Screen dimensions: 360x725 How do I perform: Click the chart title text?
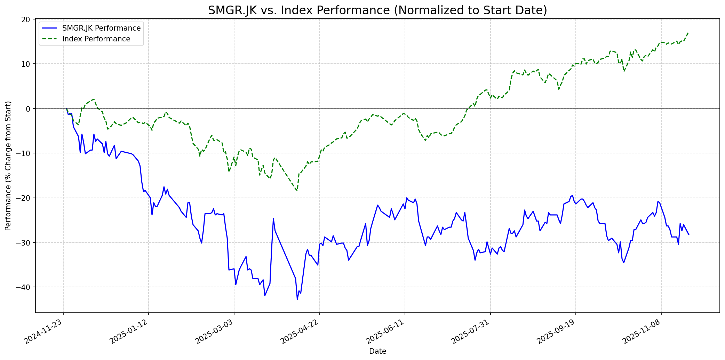(377, 10)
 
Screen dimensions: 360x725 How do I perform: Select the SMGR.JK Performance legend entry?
(101, 28)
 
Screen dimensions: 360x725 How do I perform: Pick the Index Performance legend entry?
(96, 39)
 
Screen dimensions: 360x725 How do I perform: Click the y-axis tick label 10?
(26, 64)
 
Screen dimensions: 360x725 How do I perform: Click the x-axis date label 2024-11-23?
(44, 332)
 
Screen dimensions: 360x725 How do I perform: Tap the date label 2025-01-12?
(129, 332)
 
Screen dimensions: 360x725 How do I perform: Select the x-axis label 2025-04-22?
(300, 332)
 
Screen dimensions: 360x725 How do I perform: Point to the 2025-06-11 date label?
(386, 332)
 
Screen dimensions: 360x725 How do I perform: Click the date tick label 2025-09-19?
(557, 332)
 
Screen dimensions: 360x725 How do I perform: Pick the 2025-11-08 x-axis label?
(642, 332)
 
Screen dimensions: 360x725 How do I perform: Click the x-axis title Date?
(377, 351)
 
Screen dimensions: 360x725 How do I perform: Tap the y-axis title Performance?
(8, 166)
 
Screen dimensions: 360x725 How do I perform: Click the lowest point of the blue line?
(297, 299)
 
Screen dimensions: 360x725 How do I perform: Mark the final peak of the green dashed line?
(688, 33)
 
